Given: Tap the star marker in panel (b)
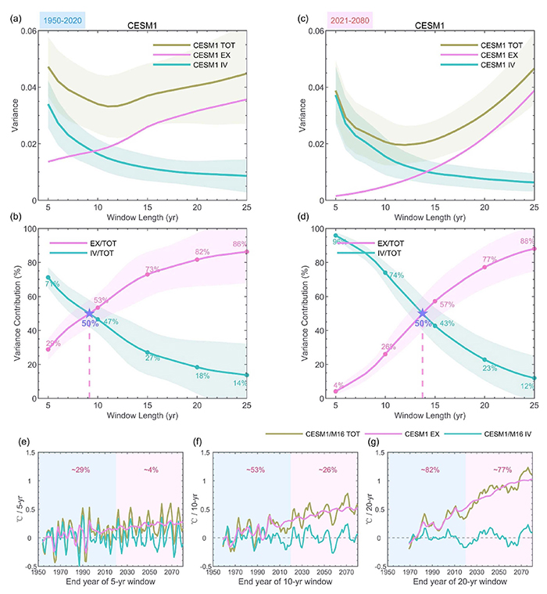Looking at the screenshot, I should pos(89,313).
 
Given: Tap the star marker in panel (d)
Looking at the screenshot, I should pos(423,313).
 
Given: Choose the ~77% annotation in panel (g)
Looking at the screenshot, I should pos(501,469).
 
